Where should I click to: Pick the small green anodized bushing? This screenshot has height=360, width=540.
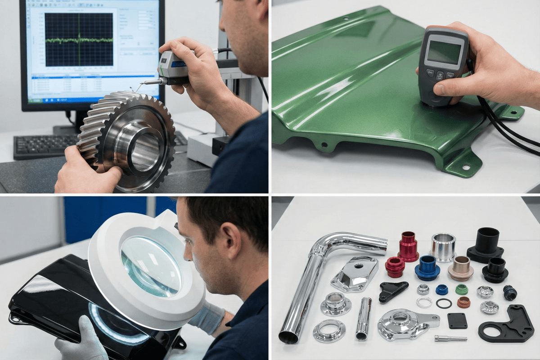[x=461, y=289]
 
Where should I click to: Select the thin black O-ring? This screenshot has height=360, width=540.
[x=444, y=303]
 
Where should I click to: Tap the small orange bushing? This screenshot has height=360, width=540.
[x=463, y=302]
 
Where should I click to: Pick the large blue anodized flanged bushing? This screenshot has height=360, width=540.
[x=427, y=267]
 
